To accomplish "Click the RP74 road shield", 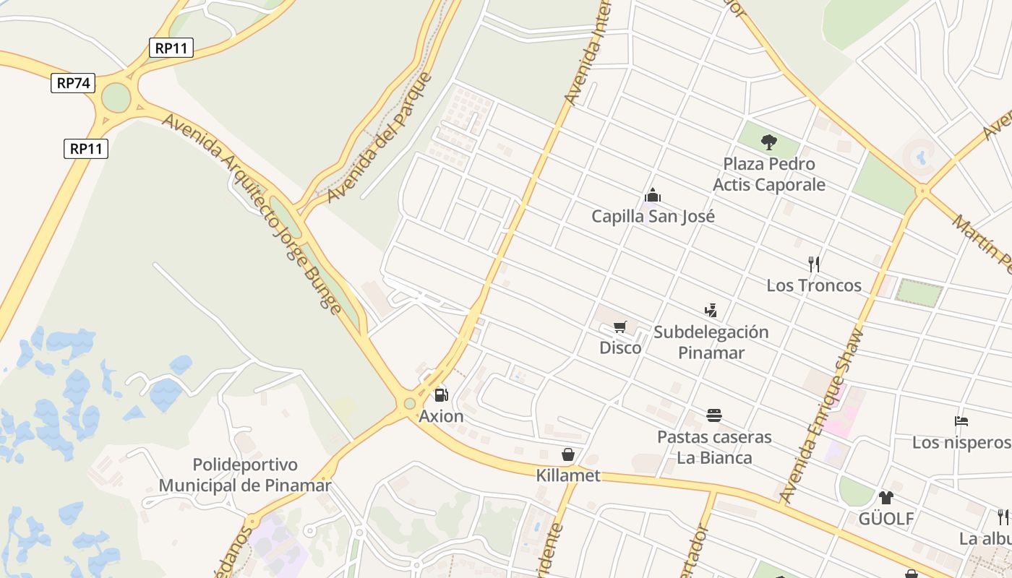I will [x=73, y=83].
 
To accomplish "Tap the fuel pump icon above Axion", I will [x=441, y=395].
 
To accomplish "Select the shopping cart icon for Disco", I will [x=619, y=327].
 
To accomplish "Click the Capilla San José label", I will [x=653, y=216].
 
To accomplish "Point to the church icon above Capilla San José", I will [x=653, y=195].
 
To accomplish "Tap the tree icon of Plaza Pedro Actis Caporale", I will [x=769, y=142].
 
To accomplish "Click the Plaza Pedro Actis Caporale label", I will [x=769, y=174].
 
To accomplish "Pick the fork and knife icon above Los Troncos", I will [x=814, y=264].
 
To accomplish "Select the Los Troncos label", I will [x=814, y=285].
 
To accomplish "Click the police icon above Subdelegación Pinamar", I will [x=711, y=311].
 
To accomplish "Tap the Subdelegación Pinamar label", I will [x=711, y=342].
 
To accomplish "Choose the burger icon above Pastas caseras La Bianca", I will [x=714, y=415].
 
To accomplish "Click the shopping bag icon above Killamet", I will [x=568, y=454].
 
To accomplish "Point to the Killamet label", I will [x=568, y=475].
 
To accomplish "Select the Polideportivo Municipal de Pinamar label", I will [x=245, y=475].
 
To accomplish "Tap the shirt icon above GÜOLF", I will [x=886, y=497].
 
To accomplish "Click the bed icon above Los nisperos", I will [x=961, y=420].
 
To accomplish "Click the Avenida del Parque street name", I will [x=379, y=137].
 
